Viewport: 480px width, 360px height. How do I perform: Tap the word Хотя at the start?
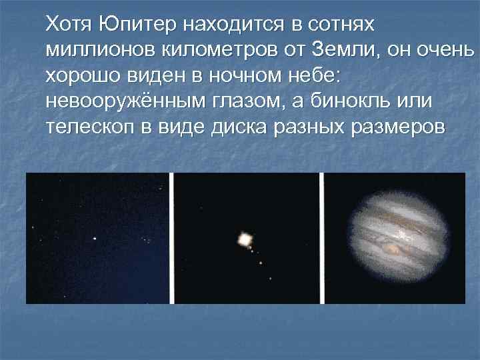pyautogui.click(x=69, y=25)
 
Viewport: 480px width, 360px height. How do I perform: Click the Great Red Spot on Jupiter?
pyautogui.click(x=394, y=249)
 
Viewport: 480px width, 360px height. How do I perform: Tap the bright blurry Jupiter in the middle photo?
pyautogui.click(x=245, y=237)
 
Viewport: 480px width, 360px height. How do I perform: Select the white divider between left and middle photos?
pyautogui.click(x=172, y=238)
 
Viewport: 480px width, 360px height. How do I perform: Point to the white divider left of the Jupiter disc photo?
pyautogui.click(x=321, y=238)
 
